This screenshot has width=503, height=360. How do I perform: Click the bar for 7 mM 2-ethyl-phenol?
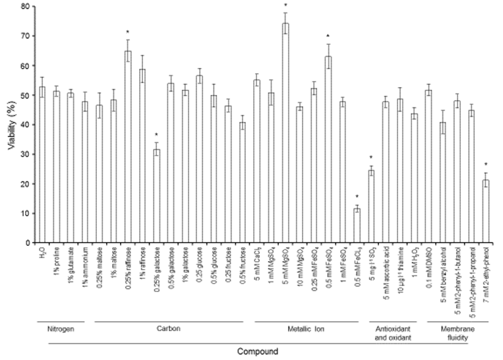(x=485, y=211)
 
